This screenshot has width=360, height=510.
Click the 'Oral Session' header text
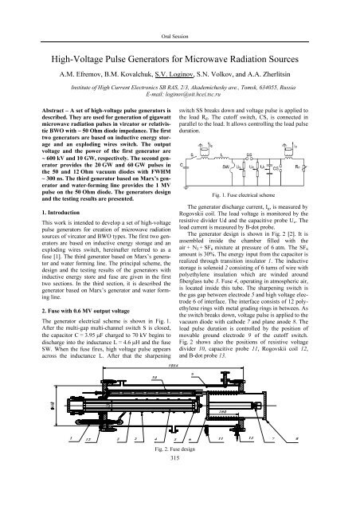(179, 15)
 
